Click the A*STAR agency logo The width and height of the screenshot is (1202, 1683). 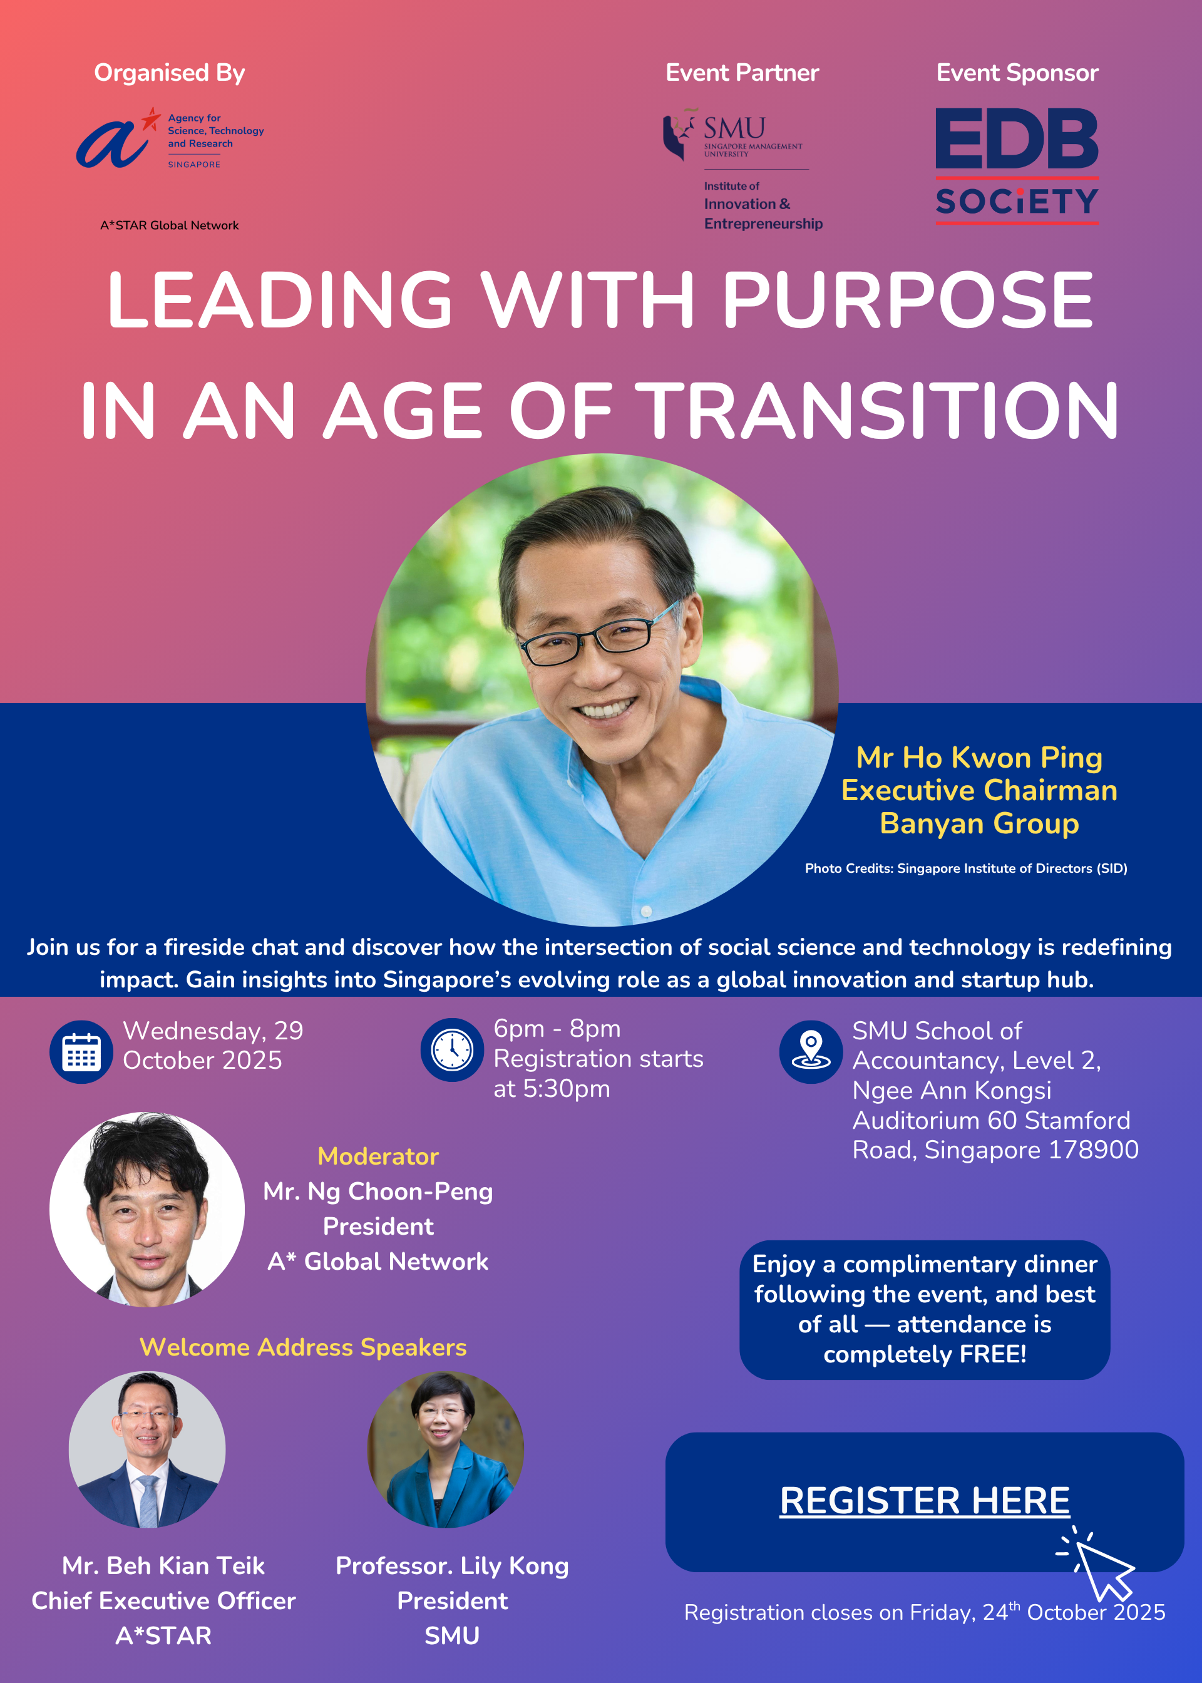coord(170,138)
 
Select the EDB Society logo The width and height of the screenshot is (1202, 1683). coord(1017,166)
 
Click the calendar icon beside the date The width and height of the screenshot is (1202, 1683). coord(81,1052)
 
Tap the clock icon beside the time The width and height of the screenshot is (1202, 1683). coord(452,1049)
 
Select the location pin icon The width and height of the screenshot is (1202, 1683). coord(811,1052)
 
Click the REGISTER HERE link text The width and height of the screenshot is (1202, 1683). coord(925,1501)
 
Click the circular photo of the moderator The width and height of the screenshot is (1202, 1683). coord(147,1208)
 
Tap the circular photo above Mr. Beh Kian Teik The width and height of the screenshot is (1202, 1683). coord(147,1449)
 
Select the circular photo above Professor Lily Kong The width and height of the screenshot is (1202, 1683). coord(446,1449)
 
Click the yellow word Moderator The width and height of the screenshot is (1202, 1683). coord(378,1156)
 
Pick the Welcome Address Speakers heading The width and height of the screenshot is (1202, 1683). coord(304,1347)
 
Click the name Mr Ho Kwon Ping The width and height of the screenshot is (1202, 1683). coord(979,758)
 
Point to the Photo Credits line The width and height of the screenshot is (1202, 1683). coord(966,868)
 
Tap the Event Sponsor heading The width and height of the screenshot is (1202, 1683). coord(1017,73)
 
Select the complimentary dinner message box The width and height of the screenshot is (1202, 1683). coord(925,1309)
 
